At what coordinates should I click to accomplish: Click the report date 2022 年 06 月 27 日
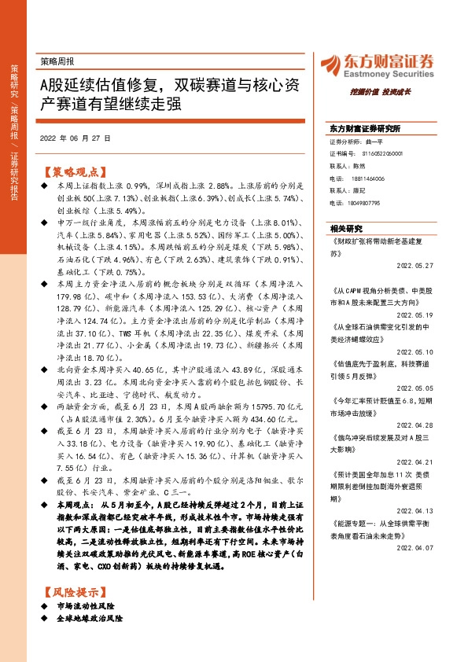tap(75, 138)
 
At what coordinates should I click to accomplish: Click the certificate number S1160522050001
tap(385, 154)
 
